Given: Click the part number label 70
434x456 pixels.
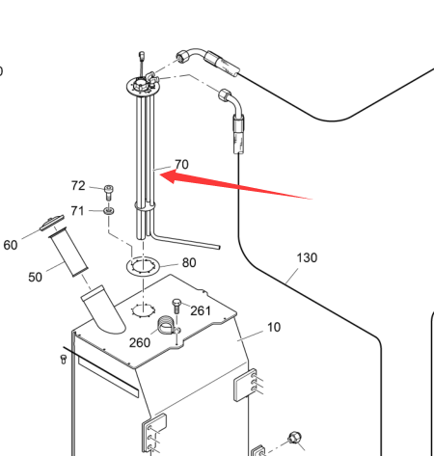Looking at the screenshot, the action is coord(181,164).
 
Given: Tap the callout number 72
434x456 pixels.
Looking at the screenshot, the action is coord(78,186).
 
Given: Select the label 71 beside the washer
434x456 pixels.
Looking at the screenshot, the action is coord(77,211).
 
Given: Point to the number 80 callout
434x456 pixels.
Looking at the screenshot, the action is coord(189,263).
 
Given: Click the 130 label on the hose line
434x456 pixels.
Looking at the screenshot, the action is coord(307,257).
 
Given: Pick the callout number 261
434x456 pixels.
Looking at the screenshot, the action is coord(201,310).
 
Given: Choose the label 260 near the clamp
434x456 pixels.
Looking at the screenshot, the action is coord(140,342).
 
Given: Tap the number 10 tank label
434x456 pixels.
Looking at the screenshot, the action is coord(274,327).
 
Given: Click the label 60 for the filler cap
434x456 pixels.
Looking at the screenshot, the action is coord(11,245).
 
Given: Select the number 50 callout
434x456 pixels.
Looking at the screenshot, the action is coord(35,277).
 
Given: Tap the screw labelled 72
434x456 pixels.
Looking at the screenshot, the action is coord(109,193).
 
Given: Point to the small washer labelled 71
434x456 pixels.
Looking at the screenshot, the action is coord(109,211).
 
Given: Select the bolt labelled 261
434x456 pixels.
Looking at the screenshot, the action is coord(176,307).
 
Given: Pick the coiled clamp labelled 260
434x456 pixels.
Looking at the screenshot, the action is coord(167,325).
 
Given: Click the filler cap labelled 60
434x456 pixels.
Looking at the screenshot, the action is coord(52,223).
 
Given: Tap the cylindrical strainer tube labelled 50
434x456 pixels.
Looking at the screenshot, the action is coord(68,252).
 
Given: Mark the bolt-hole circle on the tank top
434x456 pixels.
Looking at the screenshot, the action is coord(144,310).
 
